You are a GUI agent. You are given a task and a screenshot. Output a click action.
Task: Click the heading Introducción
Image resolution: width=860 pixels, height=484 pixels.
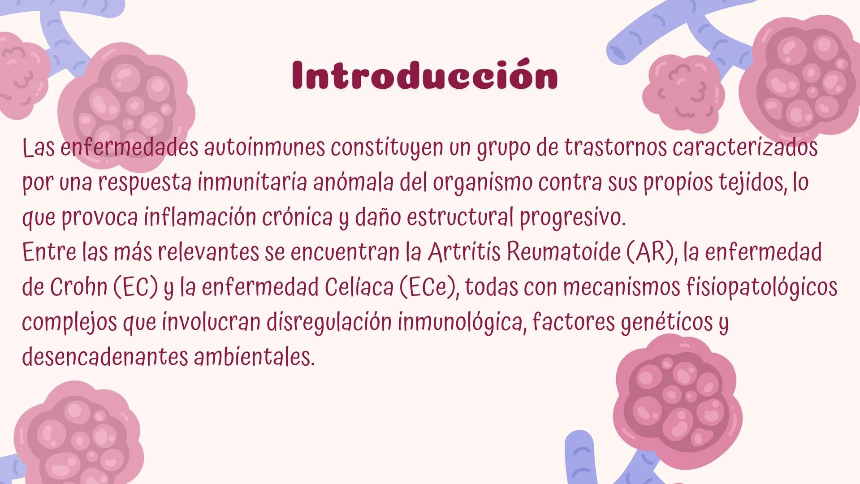[x=425, y=75]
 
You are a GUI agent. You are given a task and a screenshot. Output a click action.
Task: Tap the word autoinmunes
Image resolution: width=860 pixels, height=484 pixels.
[x=264, y=147]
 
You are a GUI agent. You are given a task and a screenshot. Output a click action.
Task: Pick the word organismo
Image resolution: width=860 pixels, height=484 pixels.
[x=482, y=183]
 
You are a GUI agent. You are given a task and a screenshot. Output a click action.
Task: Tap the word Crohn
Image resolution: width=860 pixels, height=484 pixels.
[x=78, y=287]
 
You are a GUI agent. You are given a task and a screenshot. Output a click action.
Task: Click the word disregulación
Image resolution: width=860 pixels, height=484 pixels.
[x=329, y=322]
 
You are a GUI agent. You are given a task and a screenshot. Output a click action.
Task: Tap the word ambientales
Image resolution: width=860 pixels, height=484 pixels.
[x=254, y=357]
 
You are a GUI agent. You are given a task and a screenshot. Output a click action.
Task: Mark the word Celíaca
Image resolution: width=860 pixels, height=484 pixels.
[x=359, y=287]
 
